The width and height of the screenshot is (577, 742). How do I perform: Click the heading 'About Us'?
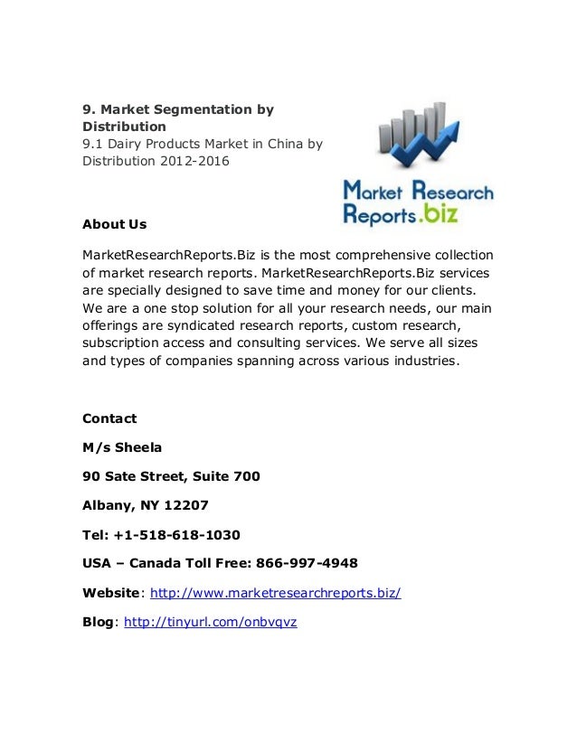coord(114,224)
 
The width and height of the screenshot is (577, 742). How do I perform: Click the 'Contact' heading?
coord(109,418)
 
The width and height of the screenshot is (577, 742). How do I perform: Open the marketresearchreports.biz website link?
coord(275,593)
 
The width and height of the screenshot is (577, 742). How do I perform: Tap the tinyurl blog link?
coord(210,622)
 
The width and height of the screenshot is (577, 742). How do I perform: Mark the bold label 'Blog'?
coord(98,622)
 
